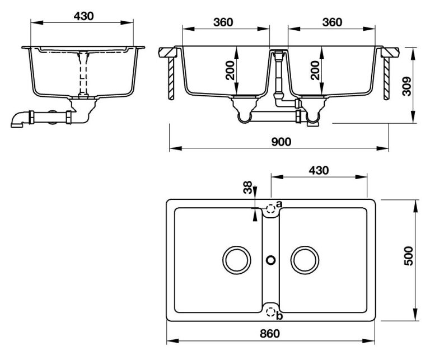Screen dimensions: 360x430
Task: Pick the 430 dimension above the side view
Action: [83, 16]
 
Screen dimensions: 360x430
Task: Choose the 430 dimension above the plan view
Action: [317, 170]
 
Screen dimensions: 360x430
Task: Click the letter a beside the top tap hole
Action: [279, 203]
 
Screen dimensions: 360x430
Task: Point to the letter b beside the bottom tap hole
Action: [279, 317]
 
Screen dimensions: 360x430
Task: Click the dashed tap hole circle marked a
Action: [271, 210]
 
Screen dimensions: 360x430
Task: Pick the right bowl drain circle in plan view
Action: [306, 260]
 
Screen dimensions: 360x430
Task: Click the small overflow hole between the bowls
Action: [271, 260]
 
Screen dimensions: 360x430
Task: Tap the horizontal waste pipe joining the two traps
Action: [274, 116]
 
